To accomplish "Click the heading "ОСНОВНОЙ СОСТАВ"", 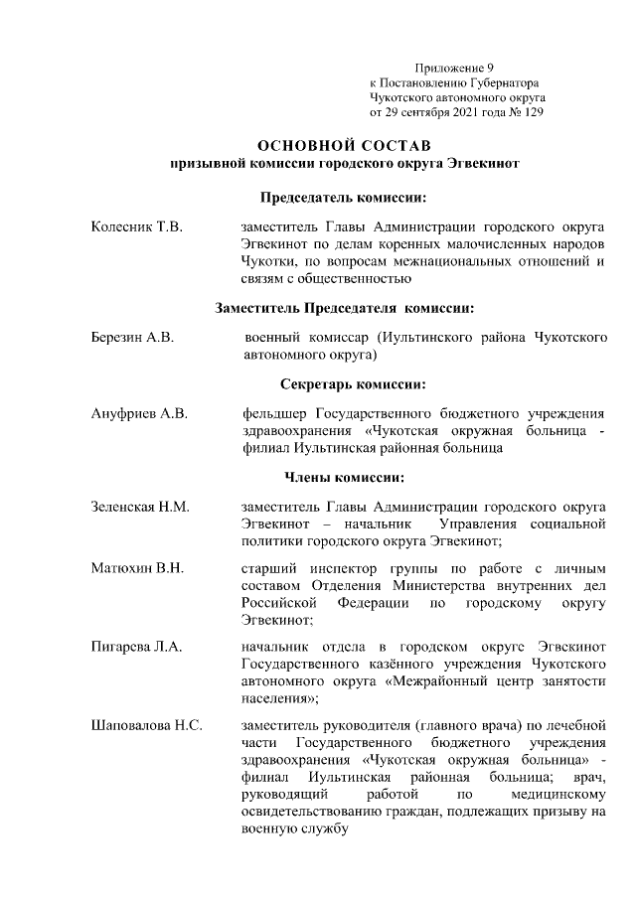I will pos(344,145).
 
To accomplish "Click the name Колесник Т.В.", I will pos(137,228).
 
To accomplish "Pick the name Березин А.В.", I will pos(133,338).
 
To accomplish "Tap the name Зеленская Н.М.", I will pos(140,507).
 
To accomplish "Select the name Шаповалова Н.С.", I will pos(147,725).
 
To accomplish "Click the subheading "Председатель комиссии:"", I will pos(344,198).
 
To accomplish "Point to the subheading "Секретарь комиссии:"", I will pos(344,382).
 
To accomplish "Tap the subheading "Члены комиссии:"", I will pos(344,477).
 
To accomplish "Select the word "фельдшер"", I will pos(273,412).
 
